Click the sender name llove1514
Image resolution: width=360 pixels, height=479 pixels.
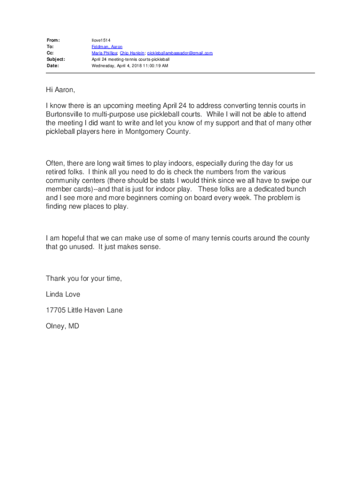(101, 40)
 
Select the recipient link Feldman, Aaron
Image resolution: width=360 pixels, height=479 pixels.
(107, 47)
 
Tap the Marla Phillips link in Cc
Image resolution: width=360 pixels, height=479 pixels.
(104, 53)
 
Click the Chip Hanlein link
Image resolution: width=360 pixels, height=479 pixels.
(132, 53)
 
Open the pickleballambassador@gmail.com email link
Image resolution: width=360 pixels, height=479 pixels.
(180, 53)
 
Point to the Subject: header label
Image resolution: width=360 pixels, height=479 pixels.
(56, 59)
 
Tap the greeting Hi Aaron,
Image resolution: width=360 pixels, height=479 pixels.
(60, 89)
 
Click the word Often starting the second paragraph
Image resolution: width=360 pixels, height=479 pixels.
(55, 163)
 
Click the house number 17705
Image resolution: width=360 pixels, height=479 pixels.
(56, 310)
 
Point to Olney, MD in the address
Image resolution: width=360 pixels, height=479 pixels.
(62, 326)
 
